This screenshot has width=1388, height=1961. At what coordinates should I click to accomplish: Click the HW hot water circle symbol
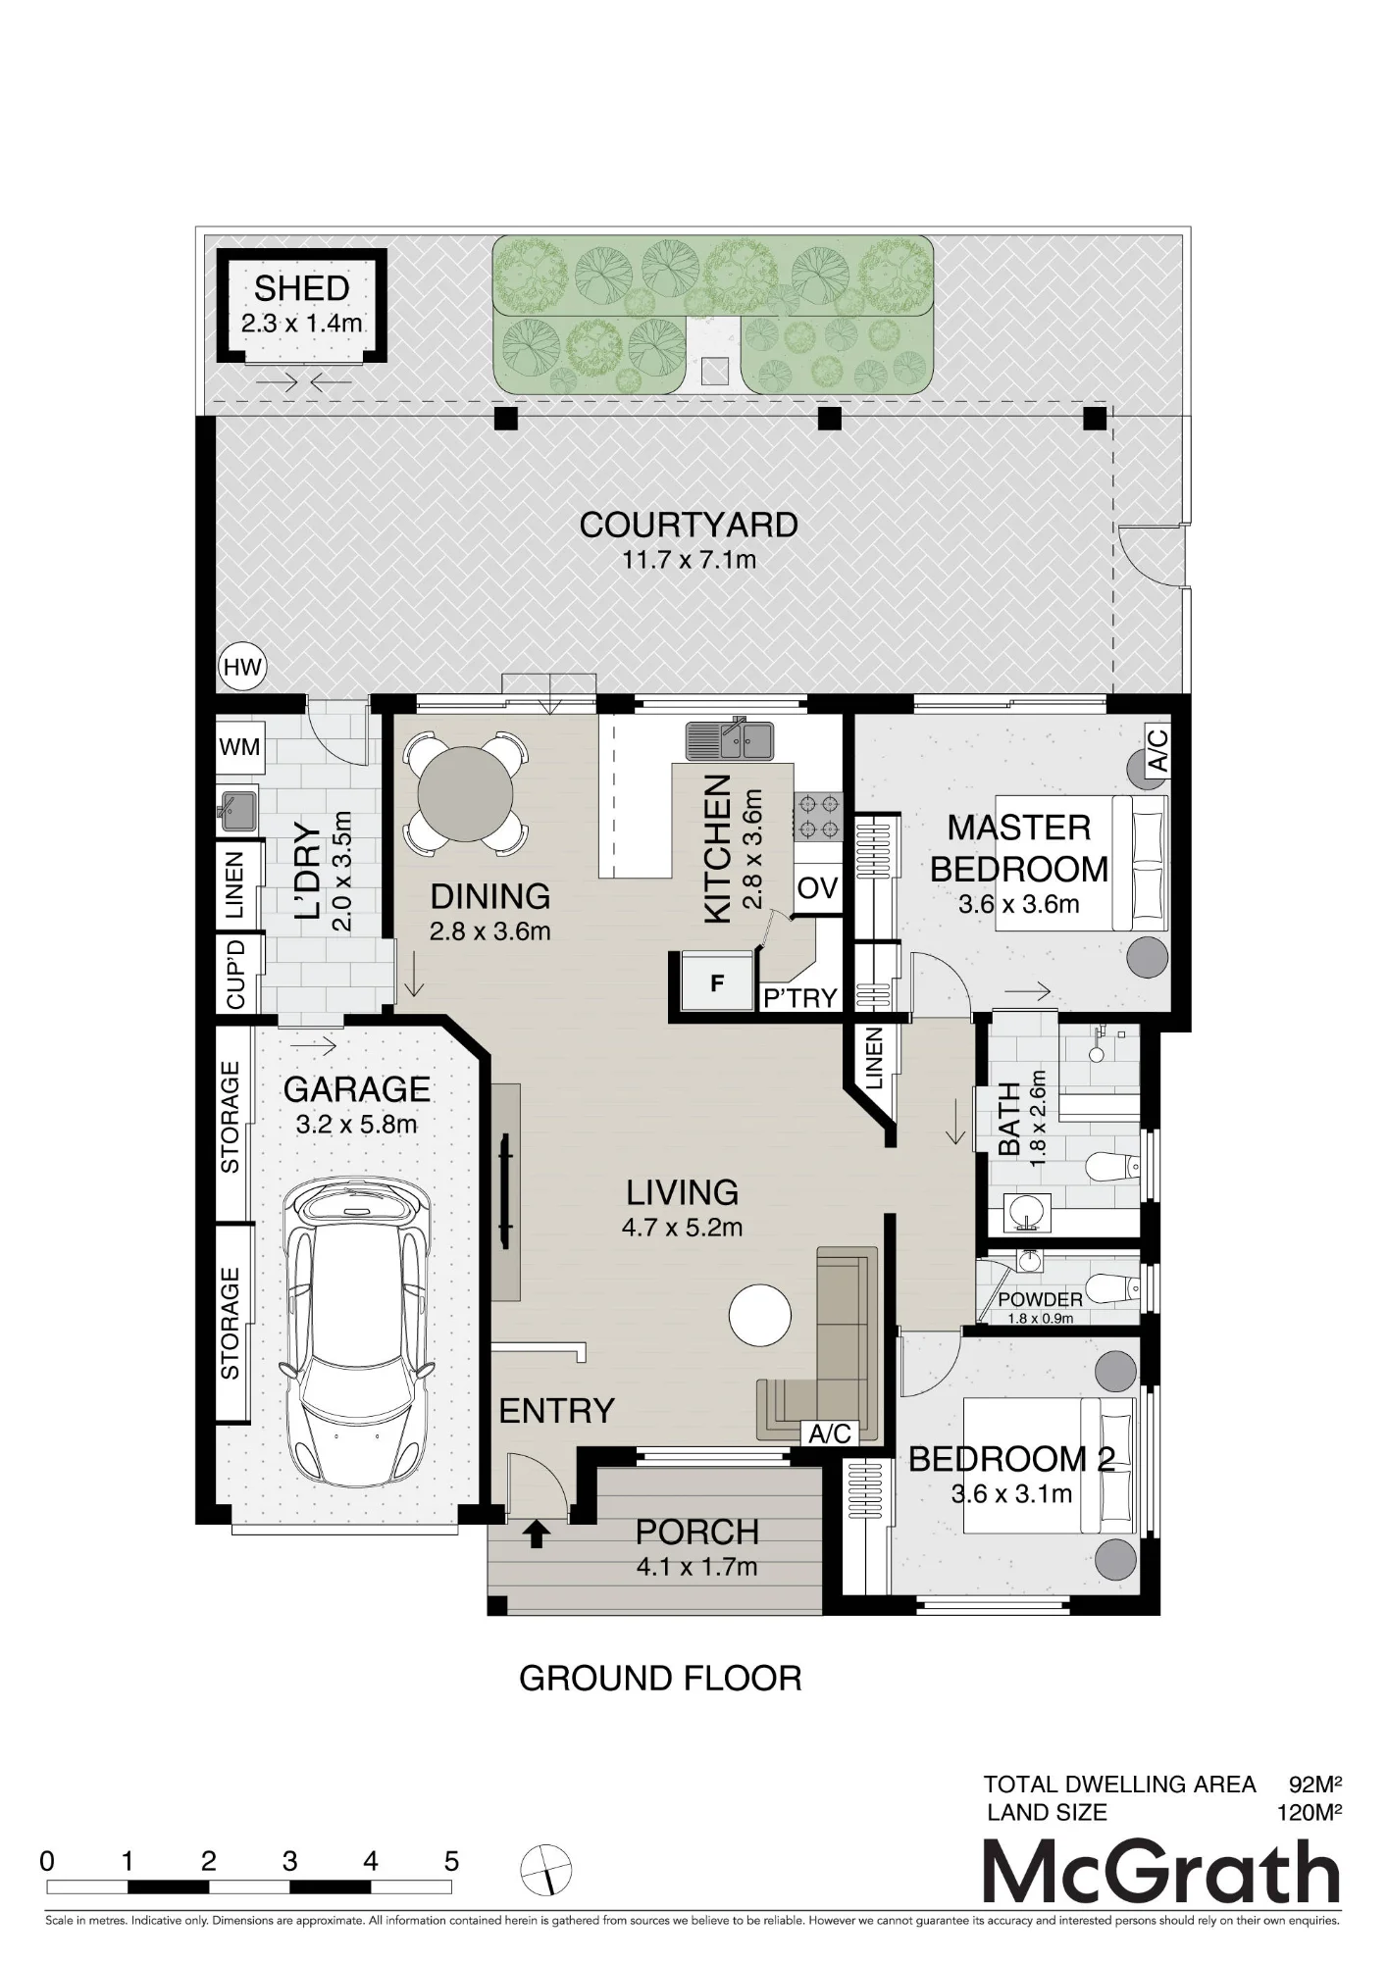click(241, 667)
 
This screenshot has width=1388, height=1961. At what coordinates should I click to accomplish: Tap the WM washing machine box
click(239, 747)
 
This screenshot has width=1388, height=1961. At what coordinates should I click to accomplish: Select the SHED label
click(301, 288)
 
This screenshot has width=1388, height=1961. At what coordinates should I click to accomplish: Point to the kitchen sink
click(729, 740)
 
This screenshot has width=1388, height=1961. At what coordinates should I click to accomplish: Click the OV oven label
click(817, 888)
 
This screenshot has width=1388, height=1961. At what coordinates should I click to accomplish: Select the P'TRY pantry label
click(800, 998)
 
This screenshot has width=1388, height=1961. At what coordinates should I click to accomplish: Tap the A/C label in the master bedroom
click(1157, 750)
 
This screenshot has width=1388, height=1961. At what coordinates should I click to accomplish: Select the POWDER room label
click(1041, 1299)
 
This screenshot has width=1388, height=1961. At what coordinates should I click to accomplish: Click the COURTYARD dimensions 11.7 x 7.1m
click(689, 561)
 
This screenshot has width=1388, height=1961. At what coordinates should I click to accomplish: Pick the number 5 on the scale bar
click(451, 1861)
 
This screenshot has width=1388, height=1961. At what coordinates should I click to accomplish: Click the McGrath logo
click(1161, 1872)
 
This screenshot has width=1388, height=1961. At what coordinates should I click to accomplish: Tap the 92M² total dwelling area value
click(1314, 1784)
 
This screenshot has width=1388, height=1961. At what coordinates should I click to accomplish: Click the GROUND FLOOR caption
click(660, 1679)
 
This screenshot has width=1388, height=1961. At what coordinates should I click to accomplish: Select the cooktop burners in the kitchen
click(817, 816)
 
